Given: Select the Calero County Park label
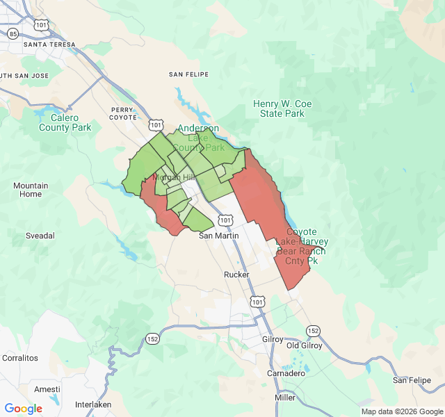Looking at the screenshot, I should click(65, 122).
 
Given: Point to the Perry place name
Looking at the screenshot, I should click(122, 109).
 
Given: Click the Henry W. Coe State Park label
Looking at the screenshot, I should click(282, 108).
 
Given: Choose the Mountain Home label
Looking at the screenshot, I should click(31, 190).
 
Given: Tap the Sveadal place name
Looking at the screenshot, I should click(40, 236).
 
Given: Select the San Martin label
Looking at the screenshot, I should click(219, 236).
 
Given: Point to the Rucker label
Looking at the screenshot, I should click(236, 275).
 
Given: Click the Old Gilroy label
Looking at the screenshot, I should click(306, 345).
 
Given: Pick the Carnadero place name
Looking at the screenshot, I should click(286, 373).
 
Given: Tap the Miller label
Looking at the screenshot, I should click(285, 398).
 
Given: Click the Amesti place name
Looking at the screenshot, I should click(47, 389).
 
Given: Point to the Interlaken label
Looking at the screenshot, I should click(93, 404).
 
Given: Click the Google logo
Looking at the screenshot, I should click(24, 409).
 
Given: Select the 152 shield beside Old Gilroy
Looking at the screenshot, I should click(314, 330).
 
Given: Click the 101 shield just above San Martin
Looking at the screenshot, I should click(224, 220).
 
